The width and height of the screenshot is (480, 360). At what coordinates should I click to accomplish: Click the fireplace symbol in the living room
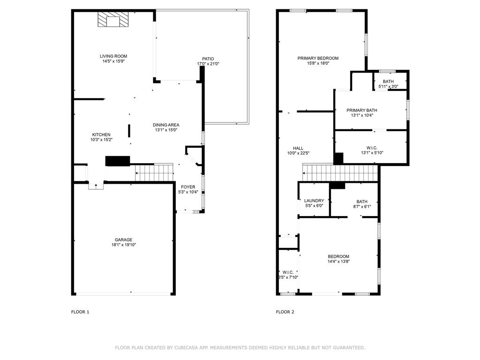(113, 20)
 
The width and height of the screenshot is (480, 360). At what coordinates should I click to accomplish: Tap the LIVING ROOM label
(113, 56)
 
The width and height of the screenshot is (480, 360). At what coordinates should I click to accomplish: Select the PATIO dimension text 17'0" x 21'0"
(208, 64)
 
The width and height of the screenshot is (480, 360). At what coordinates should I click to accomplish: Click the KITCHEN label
(101, 135)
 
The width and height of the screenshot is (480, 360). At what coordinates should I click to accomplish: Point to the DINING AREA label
(166, 125)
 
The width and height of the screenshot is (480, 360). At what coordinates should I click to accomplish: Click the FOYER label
(188, 187)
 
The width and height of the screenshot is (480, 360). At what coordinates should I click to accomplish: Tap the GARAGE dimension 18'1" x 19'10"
(124, 245)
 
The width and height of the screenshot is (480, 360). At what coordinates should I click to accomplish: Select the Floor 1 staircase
(154, 172)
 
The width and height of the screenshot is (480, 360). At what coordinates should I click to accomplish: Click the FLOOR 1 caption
(80, 312)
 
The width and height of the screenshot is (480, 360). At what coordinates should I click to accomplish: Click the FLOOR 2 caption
(285, 312)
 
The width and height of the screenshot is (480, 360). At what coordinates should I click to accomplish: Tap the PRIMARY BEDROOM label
(318, 58)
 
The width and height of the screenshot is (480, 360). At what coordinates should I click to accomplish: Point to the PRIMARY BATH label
(362, 110)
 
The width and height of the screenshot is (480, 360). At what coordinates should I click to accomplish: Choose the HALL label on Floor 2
(298, 148)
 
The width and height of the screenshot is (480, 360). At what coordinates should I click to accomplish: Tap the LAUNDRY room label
(314, 201)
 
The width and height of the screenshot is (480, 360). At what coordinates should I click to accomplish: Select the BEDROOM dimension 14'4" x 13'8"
(338, 262)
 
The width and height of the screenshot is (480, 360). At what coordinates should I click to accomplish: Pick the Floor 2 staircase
(340, 172)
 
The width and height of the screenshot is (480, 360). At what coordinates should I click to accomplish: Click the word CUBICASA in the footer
(188, 348)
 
